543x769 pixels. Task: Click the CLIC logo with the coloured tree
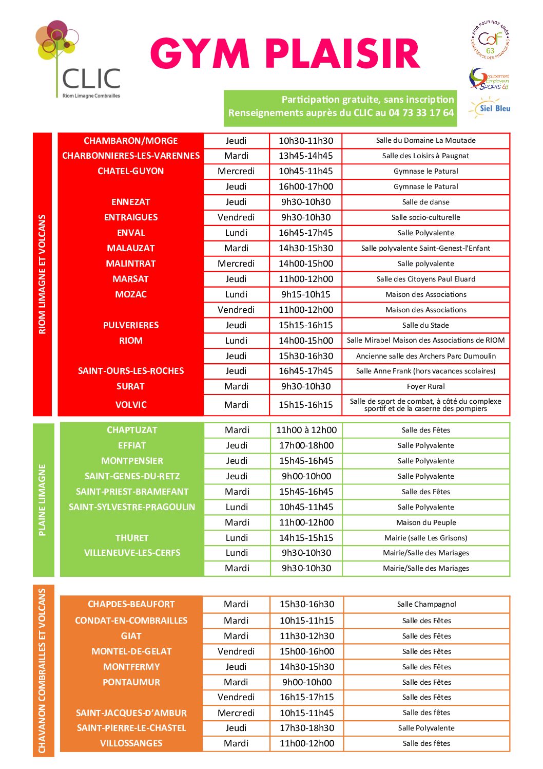click(78, 59)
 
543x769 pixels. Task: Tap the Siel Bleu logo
click(490, 108)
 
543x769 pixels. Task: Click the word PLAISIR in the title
click(342, 54)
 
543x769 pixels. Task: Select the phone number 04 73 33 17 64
click(421, 113)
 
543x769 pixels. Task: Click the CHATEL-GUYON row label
click(131, 171)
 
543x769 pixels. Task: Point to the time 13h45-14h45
click(306, 156)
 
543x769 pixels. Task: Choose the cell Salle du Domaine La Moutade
click(425, 140)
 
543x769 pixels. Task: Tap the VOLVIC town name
click(131, 405)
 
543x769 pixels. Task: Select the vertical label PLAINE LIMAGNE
click(43, 500)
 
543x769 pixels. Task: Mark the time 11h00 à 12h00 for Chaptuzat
click(306, 430)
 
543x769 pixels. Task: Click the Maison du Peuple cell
click(426, 522)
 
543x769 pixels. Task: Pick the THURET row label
click(132, 538)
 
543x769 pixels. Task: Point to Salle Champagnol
click(426, 604)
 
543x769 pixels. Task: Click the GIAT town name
click(131, 636)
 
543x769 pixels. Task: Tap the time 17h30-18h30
click(307, 728)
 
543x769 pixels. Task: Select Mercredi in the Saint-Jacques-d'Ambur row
click(236, 712)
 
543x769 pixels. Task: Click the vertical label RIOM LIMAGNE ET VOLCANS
click(43, 274)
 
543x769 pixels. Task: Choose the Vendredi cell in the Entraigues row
click(236, 217)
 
